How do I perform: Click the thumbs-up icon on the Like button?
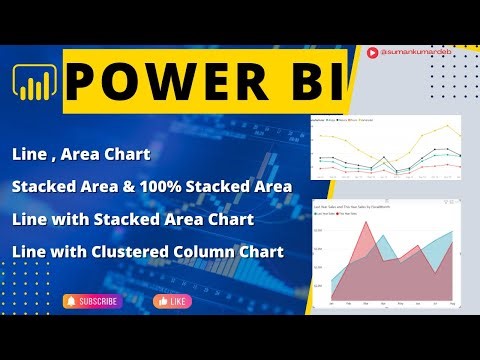tap(161, 301)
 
